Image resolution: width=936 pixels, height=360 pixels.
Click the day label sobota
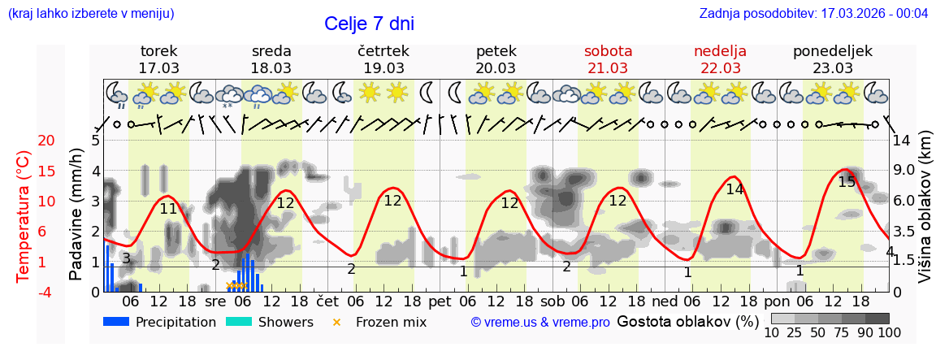coord(608,51)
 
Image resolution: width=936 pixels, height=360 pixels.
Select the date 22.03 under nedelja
coord(720,68)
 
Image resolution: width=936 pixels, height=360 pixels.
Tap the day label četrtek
coord(383,51)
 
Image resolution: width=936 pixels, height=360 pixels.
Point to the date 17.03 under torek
coord(159,68)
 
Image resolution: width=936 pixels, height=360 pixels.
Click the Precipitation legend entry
coord(160,322)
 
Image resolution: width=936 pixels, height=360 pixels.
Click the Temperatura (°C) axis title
coord(24,217)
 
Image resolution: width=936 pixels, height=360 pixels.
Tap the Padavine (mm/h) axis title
coord(76,215)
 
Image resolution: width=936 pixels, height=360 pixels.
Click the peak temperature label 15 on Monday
coord(847,182)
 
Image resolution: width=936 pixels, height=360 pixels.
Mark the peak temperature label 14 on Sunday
coord(734,189)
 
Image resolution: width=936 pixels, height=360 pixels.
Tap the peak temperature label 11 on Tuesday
coord(168,209)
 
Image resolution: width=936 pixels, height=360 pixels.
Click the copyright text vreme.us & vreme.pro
coord(540,323)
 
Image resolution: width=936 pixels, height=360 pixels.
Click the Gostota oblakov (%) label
coord(687,321)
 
